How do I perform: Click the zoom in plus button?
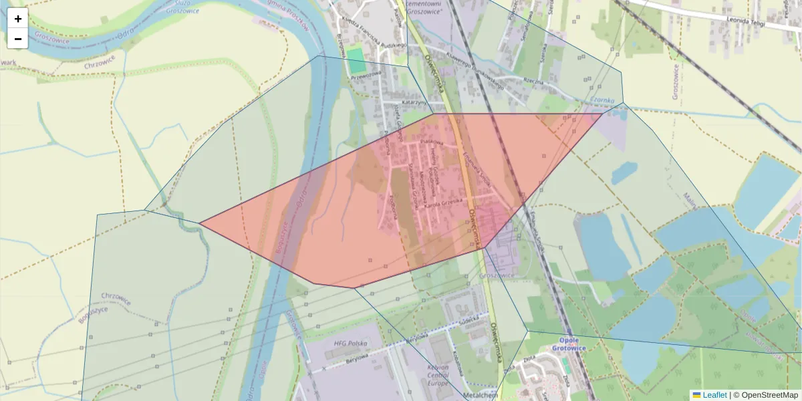pos(18,19)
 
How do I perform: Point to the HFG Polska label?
pos(346,343)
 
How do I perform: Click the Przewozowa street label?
pos(366,76)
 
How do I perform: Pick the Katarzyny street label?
pos(414,102)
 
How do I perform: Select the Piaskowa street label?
pos(432,142)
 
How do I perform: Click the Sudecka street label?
pos(469,319)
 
